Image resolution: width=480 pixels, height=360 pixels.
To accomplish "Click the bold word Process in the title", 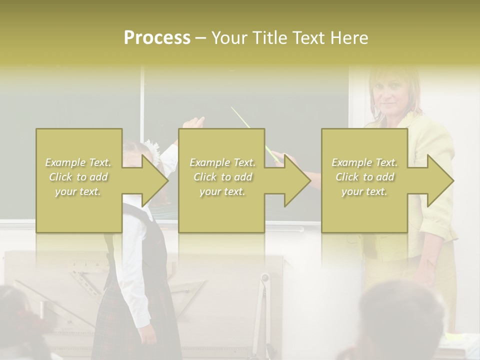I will [157, 37].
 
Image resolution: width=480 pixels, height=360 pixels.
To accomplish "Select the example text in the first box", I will [78, 176].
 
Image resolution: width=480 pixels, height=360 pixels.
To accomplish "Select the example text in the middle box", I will [222, 176].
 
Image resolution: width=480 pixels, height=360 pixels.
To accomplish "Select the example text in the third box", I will [364, 176].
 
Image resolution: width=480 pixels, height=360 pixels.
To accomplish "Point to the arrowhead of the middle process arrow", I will [297, 180].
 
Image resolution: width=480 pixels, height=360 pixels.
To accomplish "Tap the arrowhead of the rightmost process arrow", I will [440, 180].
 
